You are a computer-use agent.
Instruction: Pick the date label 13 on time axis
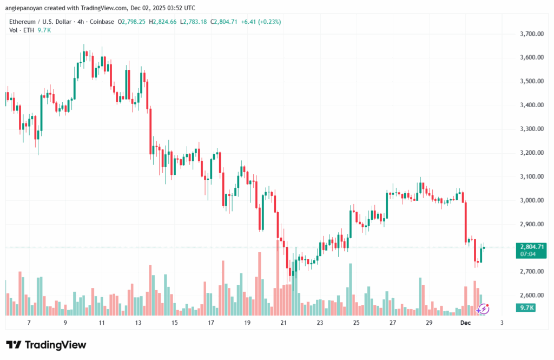point(138,323)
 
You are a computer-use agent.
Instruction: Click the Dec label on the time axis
point(465,323)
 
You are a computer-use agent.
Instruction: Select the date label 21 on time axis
point(283,323)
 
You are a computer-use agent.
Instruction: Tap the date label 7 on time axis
point(29,323)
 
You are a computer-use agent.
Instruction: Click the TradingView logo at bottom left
point(46,345)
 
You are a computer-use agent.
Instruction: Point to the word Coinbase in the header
point(103,22)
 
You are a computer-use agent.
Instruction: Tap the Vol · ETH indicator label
point(21,30)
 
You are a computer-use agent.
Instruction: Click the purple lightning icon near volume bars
point(483,309)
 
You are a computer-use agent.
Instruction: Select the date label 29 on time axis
point(428,323)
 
